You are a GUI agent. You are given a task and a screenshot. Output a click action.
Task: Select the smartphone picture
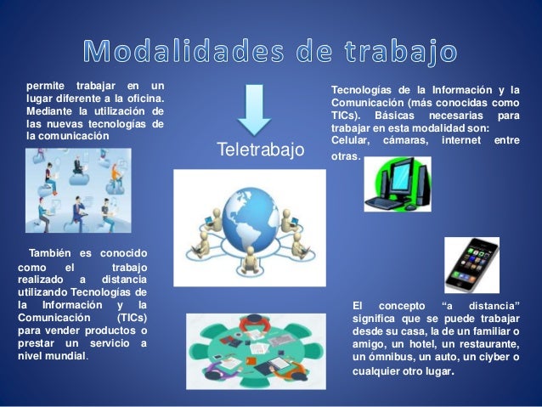tap(471, 264)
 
